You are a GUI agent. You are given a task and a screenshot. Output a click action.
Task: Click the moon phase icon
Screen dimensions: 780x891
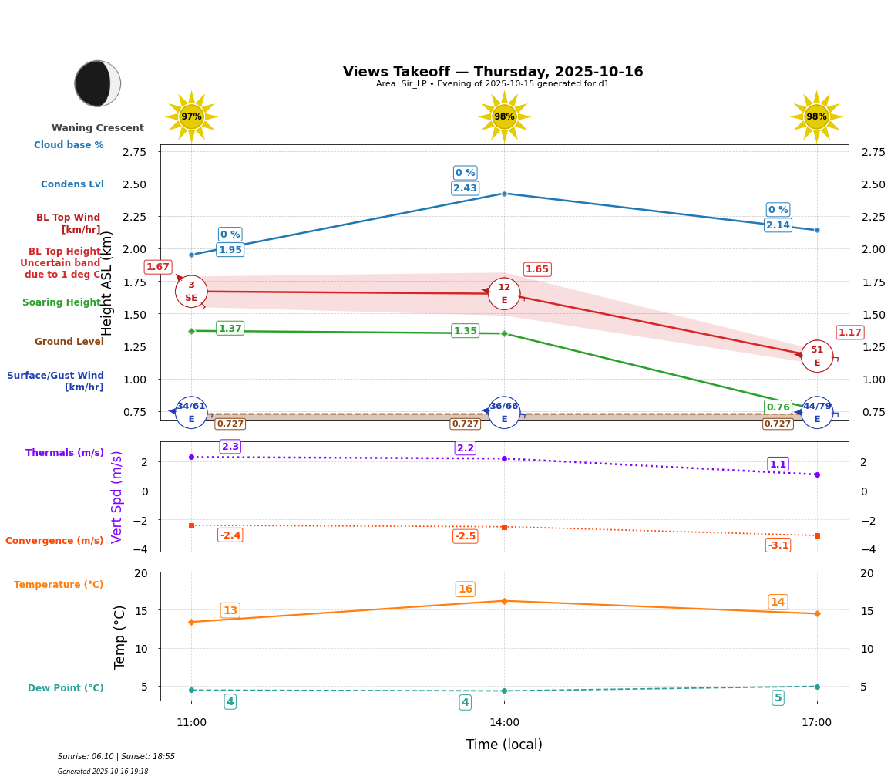coord(98,83)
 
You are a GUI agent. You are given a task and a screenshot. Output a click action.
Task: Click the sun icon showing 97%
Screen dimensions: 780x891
coord(191,116)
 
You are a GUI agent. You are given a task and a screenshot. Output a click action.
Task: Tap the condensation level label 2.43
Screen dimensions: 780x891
coord(465,188)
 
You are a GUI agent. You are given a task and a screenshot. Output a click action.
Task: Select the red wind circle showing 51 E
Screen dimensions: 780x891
coord(817,356)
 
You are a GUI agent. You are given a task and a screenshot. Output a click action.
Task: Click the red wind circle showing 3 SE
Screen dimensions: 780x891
coord(191,291)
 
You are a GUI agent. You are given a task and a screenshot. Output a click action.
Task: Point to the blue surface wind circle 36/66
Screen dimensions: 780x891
coord(504,412)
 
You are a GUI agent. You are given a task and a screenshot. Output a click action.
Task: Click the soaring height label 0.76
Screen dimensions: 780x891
coord(778,407)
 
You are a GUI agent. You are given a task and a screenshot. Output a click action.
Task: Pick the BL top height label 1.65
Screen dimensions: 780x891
coord(537,269)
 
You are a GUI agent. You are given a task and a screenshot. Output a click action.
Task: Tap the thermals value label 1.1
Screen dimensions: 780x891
coord(778,464)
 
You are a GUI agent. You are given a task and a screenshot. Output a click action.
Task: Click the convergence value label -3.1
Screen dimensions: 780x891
coord(778,545)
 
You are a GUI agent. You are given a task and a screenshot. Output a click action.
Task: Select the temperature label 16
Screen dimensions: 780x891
coord(466,589)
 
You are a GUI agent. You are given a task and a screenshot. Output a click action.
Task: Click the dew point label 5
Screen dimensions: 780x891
coord(778,697)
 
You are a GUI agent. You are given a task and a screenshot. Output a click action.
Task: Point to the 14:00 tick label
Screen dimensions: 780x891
coord(504,722)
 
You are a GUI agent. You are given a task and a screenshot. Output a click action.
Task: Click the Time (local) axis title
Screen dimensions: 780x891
coord(504,745)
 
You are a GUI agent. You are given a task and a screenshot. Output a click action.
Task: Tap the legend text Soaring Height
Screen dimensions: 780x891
coord(62,302)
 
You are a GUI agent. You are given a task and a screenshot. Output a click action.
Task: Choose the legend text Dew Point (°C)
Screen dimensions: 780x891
coord(66,688)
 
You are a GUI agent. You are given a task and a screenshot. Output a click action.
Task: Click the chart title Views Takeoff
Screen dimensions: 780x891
coord(493,72)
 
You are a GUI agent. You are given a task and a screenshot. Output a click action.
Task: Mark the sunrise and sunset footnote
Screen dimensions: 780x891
coord(116,757)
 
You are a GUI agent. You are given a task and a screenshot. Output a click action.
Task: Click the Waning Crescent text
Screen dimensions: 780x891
coord(98,128)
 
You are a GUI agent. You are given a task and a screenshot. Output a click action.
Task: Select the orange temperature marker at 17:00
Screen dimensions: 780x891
coord(817,613)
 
